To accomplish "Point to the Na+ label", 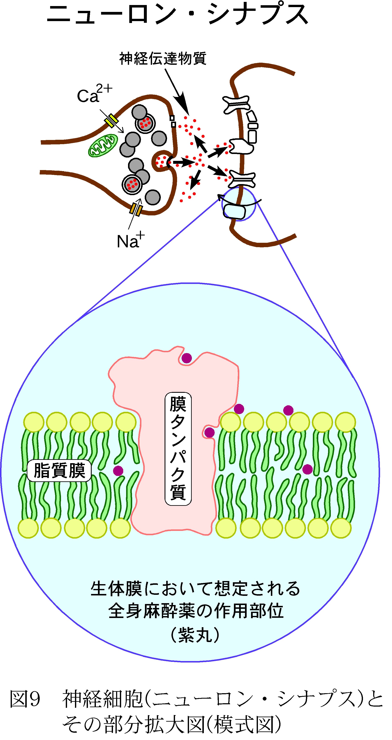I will tap(130, 240).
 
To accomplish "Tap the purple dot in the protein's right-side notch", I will tap(209, 432).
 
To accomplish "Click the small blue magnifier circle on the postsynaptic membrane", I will tap(238, 204).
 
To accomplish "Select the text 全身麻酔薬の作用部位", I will tap(196, 611).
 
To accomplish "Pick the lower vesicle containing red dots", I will tap(132, 184).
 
